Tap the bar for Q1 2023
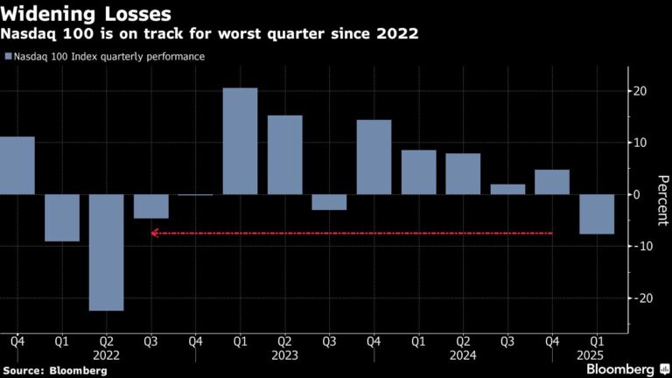click(241, 141)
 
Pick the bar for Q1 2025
click(597, 214)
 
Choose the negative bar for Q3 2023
click(329, 202)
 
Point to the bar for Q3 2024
click(507, 189)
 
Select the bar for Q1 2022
click(62, 217)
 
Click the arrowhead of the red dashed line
click(154, 233)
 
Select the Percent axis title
click(662, 194)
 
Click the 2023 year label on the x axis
click(284, 355)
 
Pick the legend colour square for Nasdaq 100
click(8, 57)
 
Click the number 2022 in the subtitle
click(396, 35)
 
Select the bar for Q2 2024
click(463, 174)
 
